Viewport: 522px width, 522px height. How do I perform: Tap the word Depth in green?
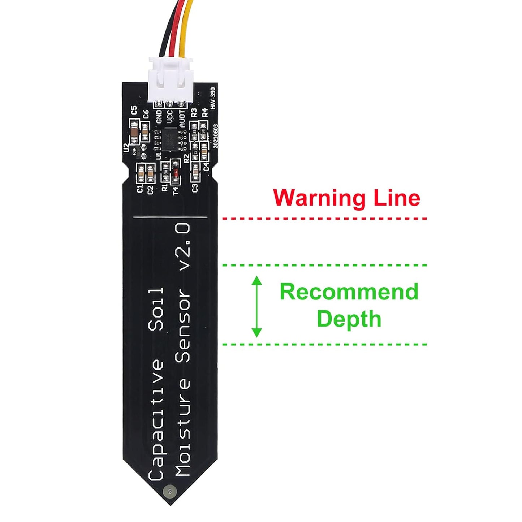tap(349, 319)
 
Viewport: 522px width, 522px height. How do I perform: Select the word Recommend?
tap(349, 292)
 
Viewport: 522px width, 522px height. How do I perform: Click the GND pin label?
tap(158, 117)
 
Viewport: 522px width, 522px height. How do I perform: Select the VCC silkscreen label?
tap(169, 117)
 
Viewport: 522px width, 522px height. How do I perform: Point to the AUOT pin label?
tap(182, 118)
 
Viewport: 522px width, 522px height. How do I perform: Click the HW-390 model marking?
tap(213, 98)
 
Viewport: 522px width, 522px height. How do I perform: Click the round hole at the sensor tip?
tap(169, 491)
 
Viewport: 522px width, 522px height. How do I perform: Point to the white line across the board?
tap(170, 217)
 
